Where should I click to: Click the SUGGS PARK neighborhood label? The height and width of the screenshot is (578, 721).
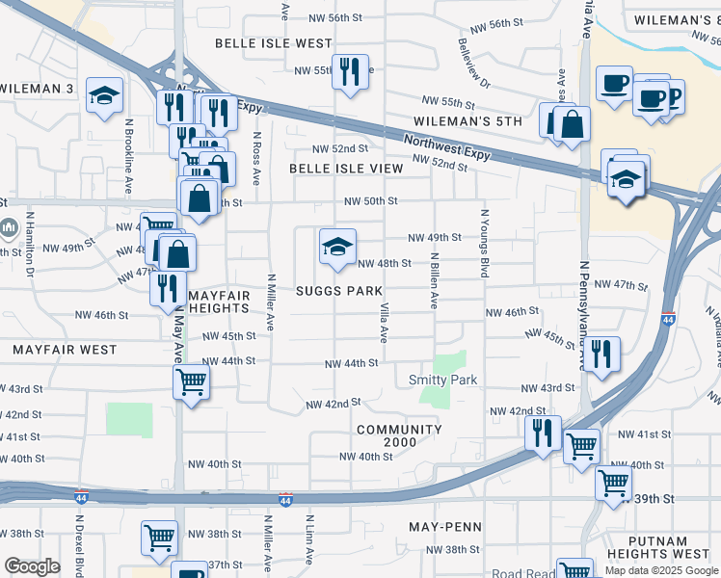pyautogui.click(x=338, y=290)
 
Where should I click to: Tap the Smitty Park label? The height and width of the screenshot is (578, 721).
pyautogui.click(x=443, y=380)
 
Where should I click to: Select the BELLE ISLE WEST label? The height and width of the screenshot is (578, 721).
pyautogui.click(x=273, y=43)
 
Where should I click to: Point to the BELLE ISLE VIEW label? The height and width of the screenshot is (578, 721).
pyautogui.click(x=346, y=168)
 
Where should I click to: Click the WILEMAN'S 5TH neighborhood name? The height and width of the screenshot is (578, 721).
pyautogui.click(x=467, y=121)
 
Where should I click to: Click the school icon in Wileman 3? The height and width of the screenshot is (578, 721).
pyautogui.click(x=105, y=95)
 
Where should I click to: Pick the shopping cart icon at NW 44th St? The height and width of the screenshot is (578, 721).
pyautogui.click(x=191, y=381)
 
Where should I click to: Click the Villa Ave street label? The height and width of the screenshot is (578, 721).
pyautogui.click(x=384, y=321)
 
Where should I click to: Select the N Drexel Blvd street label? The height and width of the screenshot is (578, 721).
pyautogui.click(x=78, y=539)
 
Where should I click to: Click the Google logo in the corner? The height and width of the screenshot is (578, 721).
pyautogui.click(x=32, y=566)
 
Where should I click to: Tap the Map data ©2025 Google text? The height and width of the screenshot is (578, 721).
pyautogui.click(x=660, y=571)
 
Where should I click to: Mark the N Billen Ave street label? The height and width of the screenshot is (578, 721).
pyautogui.click(x=435, y=280)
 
